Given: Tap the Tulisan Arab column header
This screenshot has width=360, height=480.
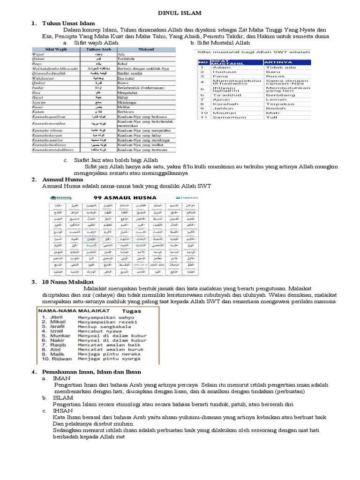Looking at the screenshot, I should pyautogui.click(x=99, y=49).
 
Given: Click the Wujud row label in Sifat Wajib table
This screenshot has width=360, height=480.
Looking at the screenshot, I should pyautogui.click(x=37, y=54).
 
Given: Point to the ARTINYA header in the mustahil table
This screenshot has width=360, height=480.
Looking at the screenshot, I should pyautogui.click(x=278, y=62).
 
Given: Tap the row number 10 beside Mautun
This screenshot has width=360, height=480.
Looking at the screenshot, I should pyautogui.click(x=203, y=113).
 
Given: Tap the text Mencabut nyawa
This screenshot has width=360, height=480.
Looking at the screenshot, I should pyautogui.click(x=98, y=331).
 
